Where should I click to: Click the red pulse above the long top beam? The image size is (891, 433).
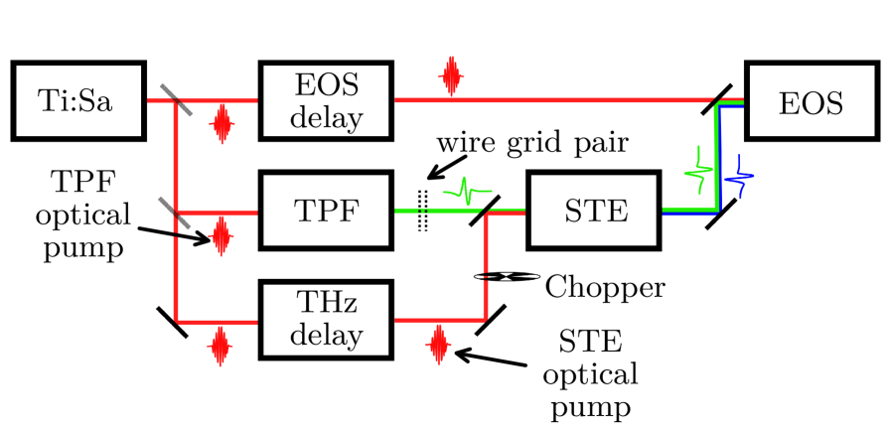click(451, 76)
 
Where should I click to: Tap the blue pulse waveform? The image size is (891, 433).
click(738, 179)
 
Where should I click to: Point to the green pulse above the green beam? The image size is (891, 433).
click(466, 190)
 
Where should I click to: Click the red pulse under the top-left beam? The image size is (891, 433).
click(222, 123)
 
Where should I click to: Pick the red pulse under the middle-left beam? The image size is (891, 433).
click(221, 236)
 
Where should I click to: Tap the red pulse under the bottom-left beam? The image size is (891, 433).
click(220, 348)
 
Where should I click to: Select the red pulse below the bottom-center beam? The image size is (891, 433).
click(438, 345)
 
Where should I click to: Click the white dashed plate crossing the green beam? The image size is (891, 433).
click(422, 210)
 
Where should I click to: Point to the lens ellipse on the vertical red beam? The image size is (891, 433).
click(508, 276)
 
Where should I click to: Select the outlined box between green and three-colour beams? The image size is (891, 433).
click(596, 211)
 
